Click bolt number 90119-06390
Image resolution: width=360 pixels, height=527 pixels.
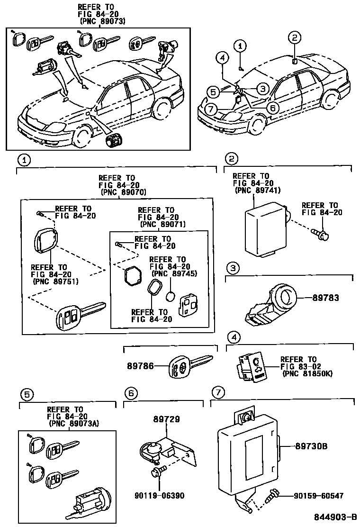pyautogui.click(x=159, y=496)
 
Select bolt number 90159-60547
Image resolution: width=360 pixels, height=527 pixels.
pyautogui.click(x=318, y=496)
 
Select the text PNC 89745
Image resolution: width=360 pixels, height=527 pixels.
pyautogui.click(x=174, y=273)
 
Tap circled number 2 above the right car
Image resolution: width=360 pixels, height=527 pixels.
pyautogui.click(x=294, y=37)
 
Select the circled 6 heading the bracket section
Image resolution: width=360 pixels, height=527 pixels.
pyautogui.click(x=132, y=393)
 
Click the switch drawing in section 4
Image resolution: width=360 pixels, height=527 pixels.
pyautogui.click(x=251, y=367)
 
